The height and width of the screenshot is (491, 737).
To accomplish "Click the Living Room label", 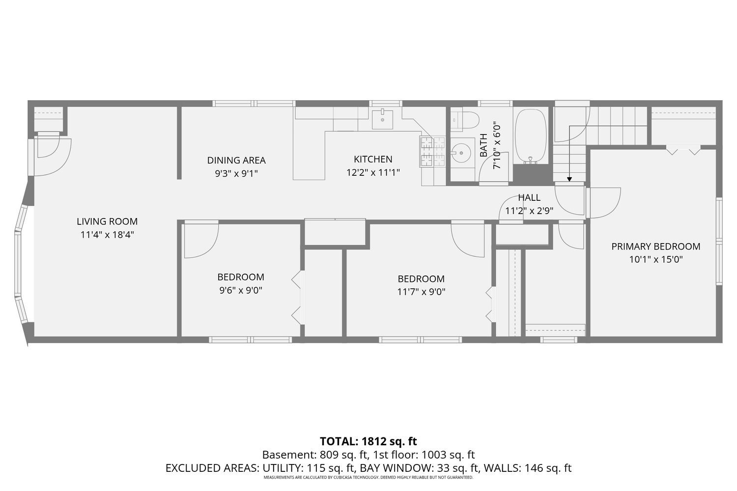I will [x=107, y=221].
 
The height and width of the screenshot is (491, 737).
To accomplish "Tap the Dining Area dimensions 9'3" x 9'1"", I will [x=236, y=173].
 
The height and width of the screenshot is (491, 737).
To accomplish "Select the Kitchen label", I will [x=373, y=159].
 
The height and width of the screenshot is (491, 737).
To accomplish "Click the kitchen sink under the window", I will [x=382, y=119].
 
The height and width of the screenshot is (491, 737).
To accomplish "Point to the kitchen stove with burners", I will [x=432, y=151].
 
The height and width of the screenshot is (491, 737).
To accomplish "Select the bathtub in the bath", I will [x=530, y=136].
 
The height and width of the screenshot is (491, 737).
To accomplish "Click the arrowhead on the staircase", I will [x=569, y=179].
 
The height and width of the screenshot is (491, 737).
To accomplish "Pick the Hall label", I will [x=529, y=197].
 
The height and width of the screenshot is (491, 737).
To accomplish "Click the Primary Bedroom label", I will [x=655, y=246].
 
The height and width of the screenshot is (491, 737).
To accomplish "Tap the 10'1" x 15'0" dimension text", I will [x=655, y=259].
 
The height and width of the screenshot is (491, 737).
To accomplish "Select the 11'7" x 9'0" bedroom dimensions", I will [x=421, y=292].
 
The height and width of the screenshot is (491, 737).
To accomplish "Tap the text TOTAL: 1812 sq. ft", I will [x=368, y=441].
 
